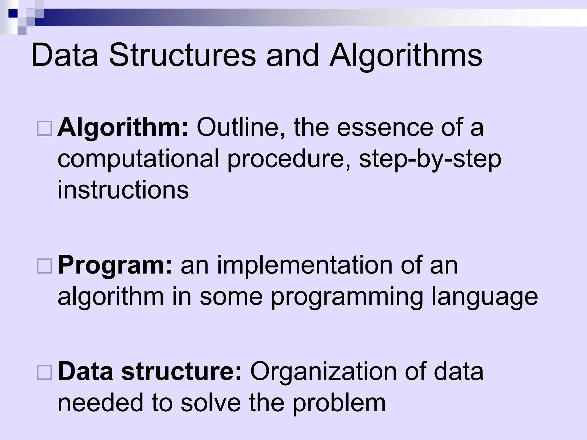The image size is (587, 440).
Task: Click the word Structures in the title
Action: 182,55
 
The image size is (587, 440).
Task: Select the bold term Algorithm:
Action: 123,128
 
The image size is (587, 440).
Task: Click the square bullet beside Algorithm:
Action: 44,128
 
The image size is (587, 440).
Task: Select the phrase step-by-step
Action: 430,160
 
